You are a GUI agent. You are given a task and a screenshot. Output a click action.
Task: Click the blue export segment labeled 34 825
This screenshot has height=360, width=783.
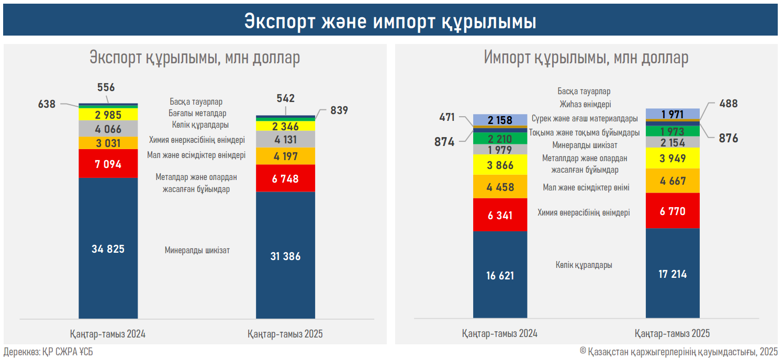coord(108,248)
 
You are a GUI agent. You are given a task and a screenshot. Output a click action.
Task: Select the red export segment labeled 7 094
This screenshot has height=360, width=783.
coord(108,164)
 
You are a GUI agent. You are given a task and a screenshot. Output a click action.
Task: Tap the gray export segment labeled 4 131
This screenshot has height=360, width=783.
coord(285,139)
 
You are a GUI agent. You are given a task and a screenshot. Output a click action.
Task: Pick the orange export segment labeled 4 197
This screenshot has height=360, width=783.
coord(285,156)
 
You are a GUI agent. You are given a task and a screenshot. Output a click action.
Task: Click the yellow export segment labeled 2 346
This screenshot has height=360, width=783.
coord(285,126)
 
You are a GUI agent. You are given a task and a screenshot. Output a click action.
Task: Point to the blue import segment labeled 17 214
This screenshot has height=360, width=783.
coord(673,273)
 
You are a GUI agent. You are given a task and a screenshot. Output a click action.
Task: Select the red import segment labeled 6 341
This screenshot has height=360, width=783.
coord(500,215)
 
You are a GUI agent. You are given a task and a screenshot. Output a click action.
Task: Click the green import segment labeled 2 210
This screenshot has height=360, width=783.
coord(500,139)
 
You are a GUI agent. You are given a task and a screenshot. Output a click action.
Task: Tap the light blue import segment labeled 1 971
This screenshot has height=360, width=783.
coord(673,114)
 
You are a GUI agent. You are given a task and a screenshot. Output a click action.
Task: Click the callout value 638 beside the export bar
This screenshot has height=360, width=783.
coord(47,104)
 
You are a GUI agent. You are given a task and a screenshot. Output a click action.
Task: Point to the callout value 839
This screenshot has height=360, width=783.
coord(339,110)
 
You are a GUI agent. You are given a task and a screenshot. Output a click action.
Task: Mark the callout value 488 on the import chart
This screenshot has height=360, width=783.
coord(728,104)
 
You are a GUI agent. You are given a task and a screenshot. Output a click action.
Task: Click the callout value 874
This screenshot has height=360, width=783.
coord(444,141)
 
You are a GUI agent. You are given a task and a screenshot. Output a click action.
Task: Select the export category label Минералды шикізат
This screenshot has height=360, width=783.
coord(197,250)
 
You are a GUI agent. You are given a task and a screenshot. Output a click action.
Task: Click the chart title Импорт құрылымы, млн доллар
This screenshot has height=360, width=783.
coord(586,58)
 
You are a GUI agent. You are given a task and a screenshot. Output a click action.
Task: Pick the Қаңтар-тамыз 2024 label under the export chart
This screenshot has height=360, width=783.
coord(108,333)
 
